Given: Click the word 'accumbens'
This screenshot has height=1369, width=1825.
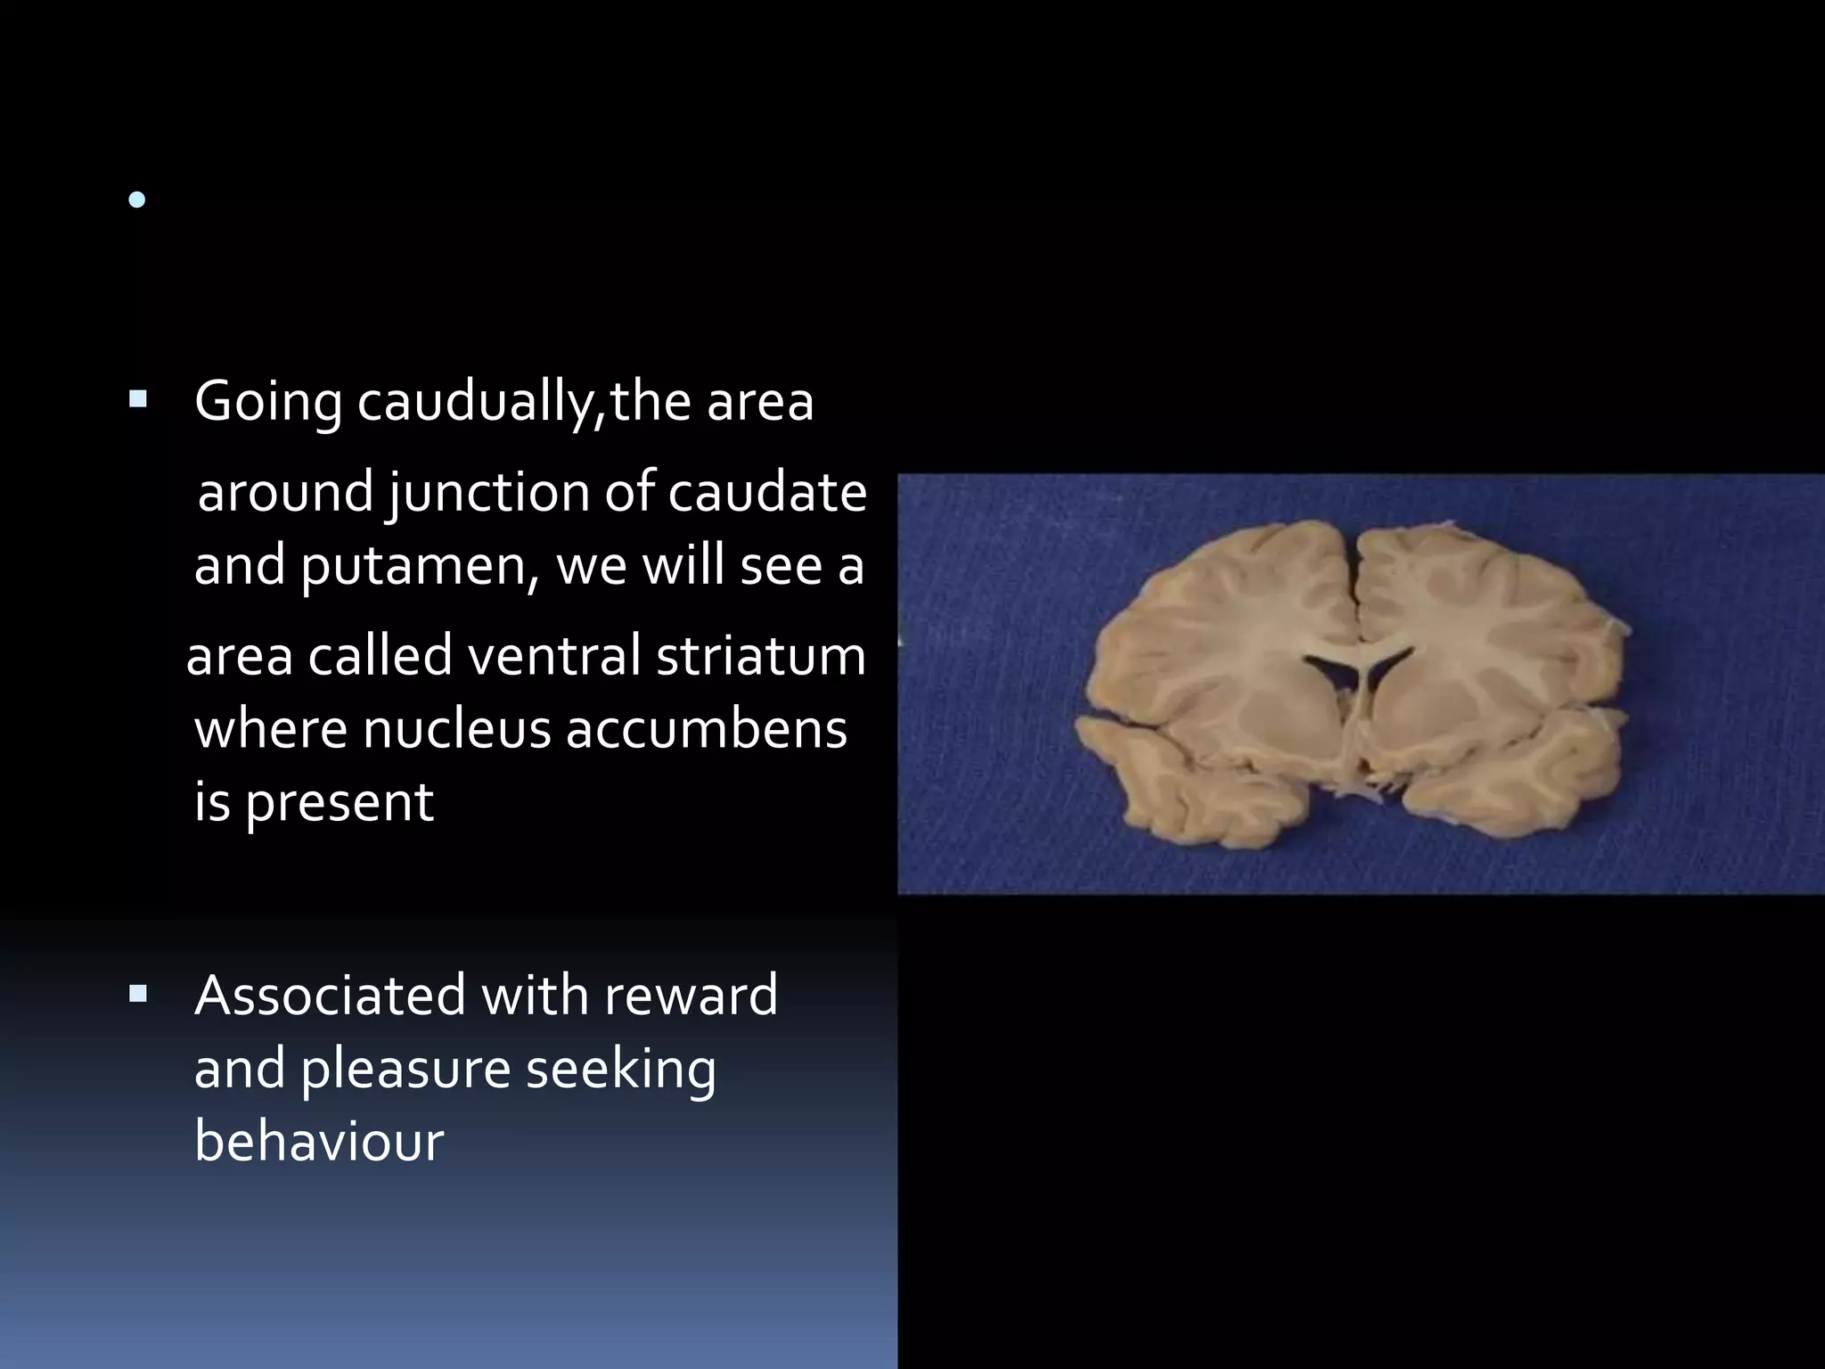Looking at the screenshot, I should [x=706, y=729].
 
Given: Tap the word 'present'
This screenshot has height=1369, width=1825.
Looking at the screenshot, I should [x=340, y=802].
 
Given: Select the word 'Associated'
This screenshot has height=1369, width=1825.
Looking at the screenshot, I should [x=330, y=995].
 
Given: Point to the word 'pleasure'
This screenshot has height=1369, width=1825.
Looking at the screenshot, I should [x=405, y=1070].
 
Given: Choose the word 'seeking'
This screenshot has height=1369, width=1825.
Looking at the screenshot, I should [x=621, y=1070].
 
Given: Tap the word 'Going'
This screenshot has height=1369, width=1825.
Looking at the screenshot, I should [x=267, y=402].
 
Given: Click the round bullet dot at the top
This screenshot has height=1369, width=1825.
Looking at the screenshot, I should [x=136, y=201].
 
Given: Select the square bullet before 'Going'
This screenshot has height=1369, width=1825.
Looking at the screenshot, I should [x=137, y=398].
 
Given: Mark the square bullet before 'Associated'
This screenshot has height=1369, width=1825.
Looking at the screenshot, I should [x=137, y=992].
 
